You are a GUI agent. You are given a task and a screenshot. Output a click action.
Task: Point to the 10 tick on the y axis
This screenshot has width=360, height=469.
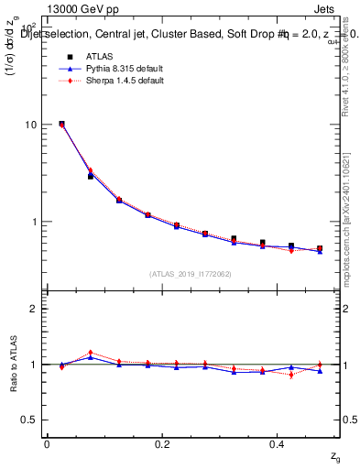pyautogui.click(x=31, y=125)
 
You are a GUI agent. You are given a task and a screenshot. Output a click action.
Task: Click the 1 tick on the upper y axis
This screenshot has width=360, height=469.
pyautogui.click(x=34, y=222)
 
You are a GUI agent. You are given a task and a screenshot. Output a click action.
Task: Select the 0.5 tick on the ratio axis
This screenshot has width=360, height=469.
pyautogui.click(x=29, y=420)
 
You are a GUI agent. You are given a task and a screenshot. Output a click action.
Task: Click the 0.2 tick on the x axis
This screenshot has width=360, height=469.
pyautogui.click(x=162, y=444)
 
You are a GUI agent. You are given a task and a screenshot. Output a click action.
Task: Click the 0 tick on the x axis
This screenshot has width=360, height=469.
pyautogui.click(x=47, y=444)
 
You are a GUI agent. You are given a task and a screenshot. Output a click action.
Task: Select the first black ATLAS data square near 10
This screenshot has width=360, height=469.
pyautogui.click(x=61, y=124)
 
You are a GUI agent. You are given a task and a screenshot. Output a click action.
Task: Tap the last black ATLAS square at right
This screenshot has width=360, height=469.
pyautogui.click(x=320, y=248)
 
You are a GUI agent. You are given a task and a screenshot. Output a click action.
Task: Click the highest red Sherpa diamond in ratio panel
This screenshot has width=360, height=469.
pyautogui.click(x=90, y=353)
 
